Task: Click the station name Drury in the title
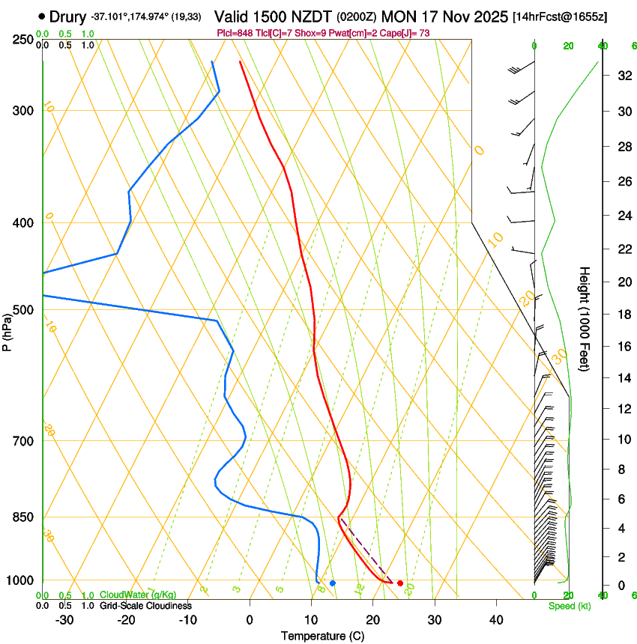[68, 16]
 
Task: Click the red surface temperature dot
[400, 583]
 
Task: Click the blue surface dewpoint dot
[333, 583]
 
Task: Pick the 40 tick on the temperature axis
[496, 620]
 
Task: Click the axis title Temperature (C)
[322, 636]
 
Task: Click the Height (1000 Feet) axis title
[585, 318]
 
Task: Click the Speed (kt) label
[570, 606]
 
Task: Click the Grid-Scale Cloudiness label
[146, 605]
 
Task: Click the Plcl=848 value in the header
[233, 33]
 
